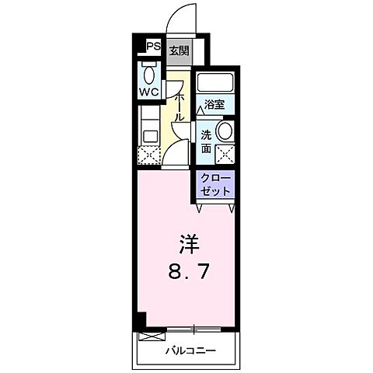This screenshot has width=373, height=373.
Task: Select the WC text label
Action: click(x=149, y=91)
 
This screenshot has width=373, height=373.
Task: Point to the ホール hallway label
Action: click(x=179, y=106)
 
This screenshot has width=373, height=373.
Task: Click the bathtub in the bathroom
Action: click(x=214, y=83)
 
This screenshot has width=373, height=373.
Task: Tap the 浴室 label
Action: click(x=214, y=101)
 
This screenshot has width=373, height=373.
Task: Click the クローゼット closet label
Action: click(x=214, y=185)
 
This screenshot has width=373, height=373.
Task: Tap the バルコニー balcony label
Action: click(x=190, y=350)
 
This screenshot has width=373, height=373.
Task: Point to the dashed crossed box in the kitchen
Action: click(x=148, y=153)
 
